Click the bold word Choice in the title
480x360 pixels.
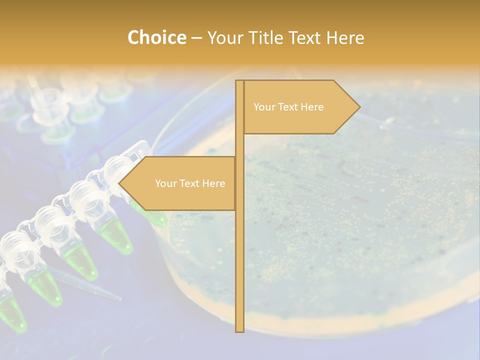click(x=156, y=37)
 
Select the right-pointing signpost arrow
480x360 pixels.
click(x=300, y=107)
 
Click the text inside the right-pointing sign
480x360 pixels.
click(x=288, y=107)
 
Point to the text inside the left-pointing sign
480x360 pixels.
click(x=190, y=183)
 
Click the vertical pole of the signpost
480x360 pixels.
click(x=239, y=250)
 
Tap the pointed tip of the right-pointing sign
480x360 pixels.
click(x=358, y=107)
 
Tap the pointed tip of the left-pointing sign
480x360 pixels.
click(x=120, y=183)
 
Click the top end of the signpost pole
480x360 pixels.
click(x=239, y=82)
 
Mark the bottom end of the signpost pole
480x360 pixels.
click(x=239, y=330)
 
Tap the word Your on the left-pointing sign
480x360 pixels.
click(x=165, y=183)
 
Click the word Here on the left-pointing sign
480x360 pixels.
click(x=213, y=183)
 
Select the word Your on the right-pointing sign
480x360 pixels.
click(x=264, y=107)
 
